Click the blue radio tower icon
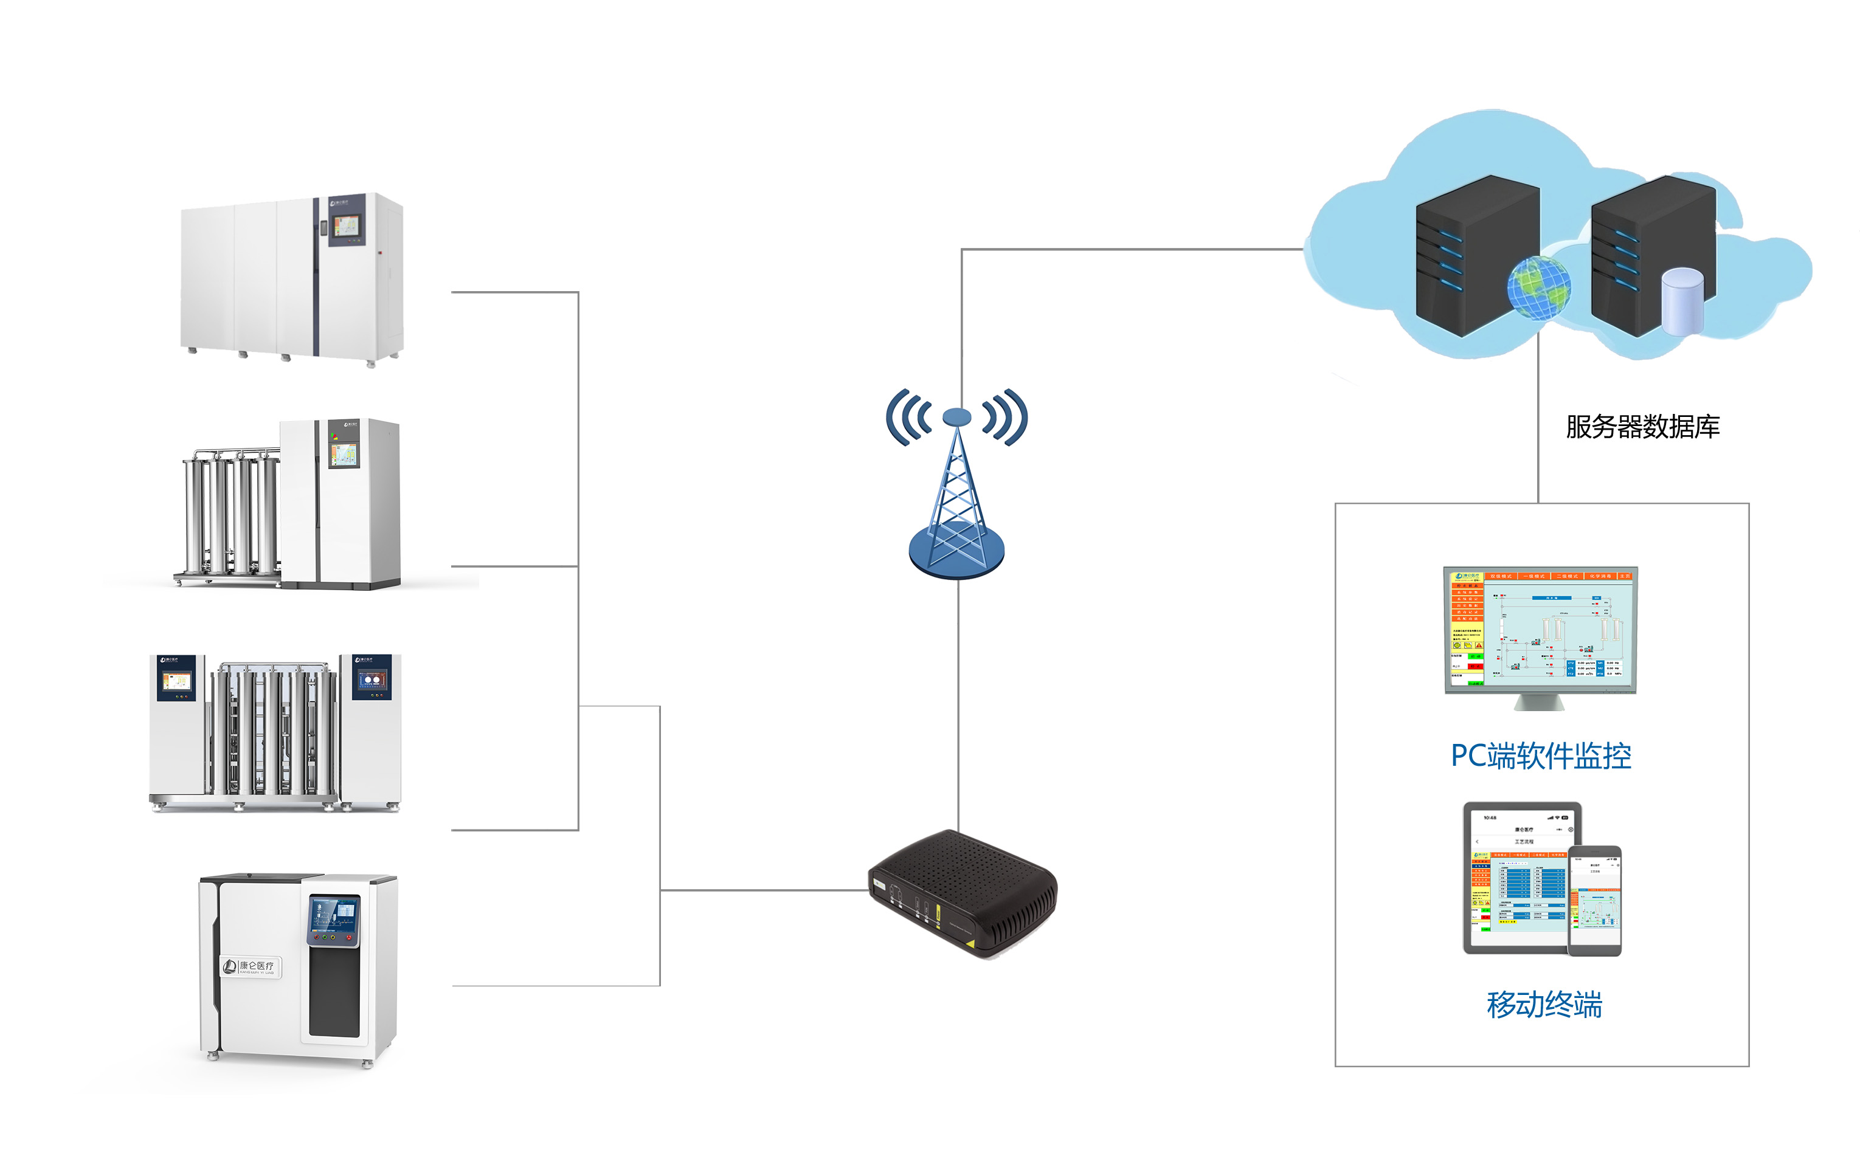pyautogui.click(x=957, y=504)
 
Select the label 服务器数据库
pyautogui.click(x=1642, y=427)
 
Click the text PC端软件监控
pyautogui.click(x=1540, y=755)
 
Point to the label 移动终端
pyautogui.click(x=1543, y=1004)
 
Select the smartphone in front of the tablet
pyautogui.click(x=1595, y=900)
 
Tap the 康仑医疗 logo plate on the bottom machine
pyautogui.click(x=252, y=967)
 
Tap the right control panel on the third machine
pyautogui.click(x=372, y=678)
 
